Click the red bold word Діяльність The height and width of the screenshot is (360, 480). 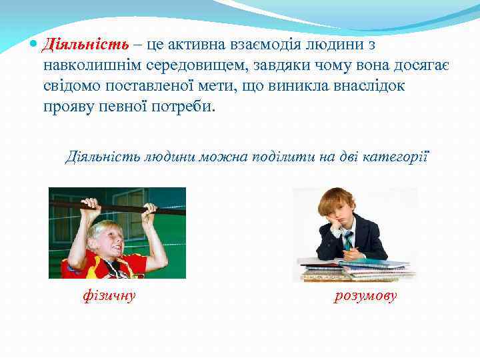[85, 45]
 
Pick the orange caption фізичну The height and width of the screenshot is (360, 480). [108, 295]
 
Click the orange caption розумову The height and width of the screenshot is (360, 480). [365, 295]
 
